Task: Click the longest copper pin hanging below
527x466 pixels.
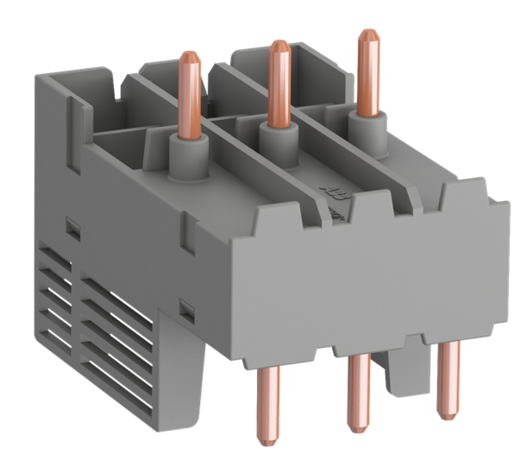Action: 267,404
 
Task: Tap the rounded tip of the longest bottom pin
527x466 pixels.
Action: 267,441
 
